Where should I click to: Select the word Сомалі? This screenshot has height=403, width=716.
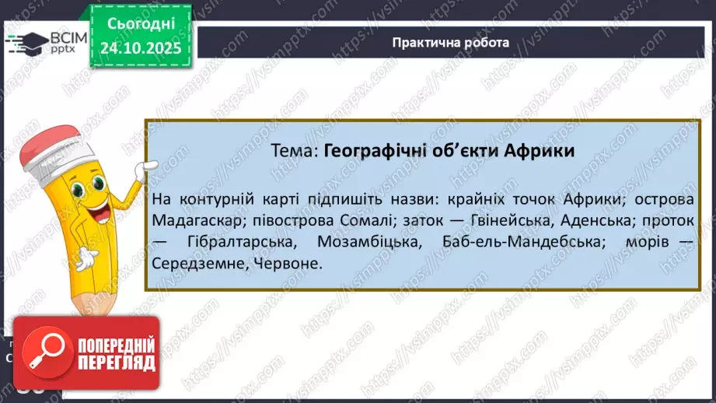click(x=368, y=220)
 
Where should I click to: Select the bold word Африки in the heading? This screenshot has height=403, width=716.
click(x=539, y=151)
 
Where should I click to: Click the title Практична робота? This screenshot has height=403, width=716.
click(x=451, y=42)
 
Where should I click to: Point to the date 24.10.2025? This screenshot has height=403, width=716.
click(x=139, y=47)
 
